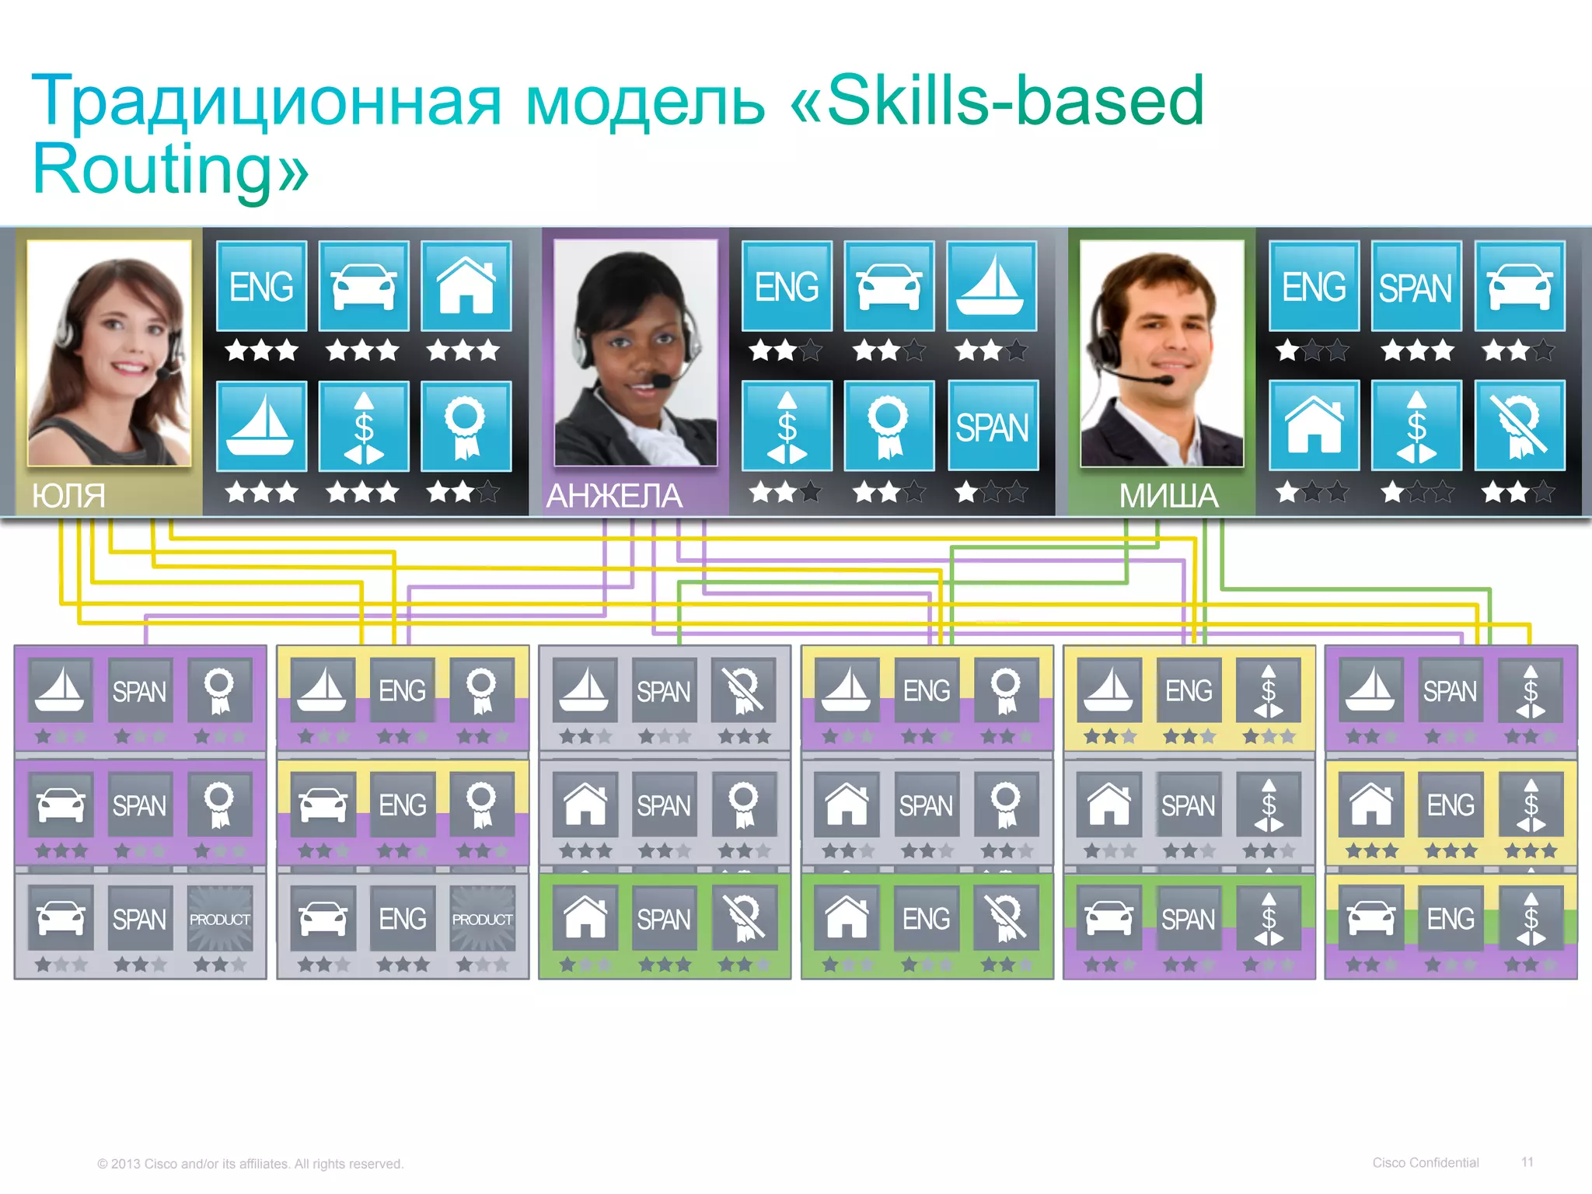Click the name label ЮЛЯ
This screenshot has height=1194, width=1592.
(68, 495)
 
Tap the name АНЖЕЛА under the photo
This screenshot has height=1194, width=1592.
(614, 495)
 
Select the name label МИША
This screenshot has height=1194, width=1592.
(1168, 495)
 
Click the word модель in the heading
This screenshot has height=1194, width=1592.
(645, 101)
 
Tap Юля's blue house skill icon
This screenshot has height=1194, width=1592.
(466, 286)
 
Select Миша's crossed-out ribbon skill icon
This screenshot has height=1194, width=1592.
(1520, 425)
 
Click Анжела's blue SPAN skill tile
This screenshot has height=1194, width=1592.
(993, 426)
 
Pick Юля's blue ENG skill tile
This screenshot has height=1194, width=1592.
(261, 286)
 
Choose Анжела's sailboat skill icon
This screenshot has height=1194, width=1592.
(991, 286)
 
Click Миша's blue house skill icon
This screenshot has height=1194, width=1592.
(1314, 425)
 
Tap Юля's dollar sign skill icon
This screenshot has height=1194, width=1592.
(364, 426)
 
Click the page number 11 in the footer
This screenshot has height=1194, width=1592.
(1527, 1162)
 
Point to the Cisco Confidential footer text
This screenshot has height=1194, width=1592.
(1425, 1163)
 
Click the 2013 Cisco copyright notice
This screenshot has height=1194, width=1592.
(250, 1164)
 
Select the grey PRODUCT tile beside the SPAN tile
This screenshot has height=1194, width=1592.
(220, 919)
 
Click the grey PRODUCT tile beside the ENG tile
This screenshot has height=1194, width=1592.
(482, 919)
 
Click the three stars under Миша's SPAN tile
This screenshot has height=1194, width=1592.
(1416, 351)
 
